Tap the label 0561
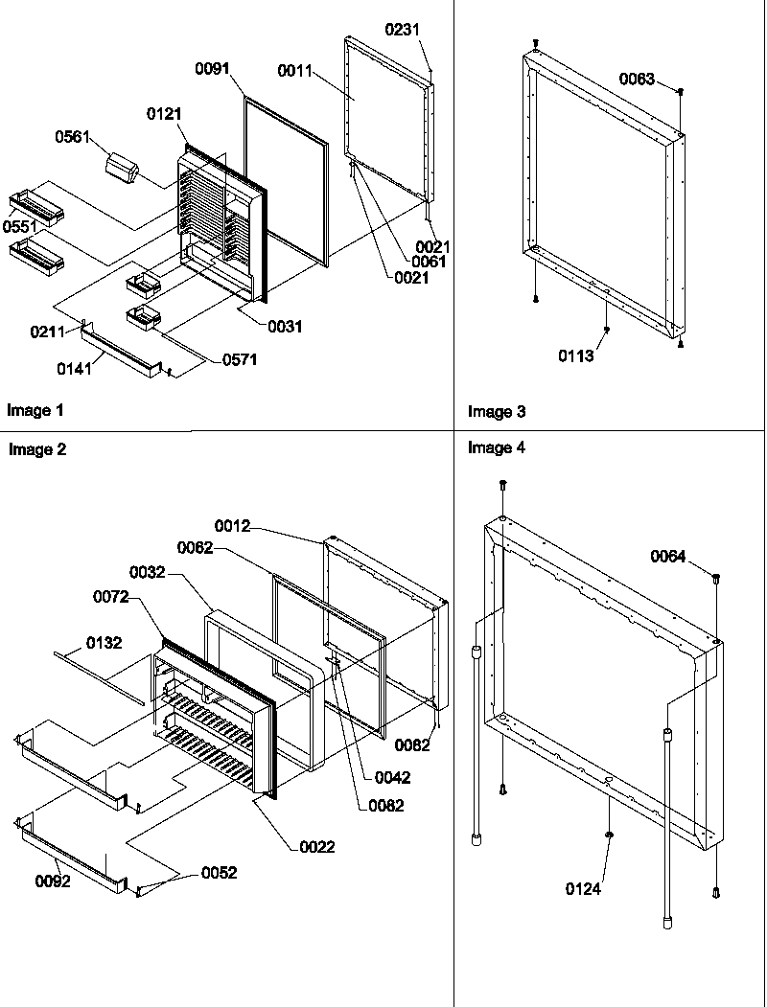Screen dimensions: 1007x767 pos(73,138)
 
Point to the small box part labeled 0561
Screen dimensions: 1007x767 pos(122,170)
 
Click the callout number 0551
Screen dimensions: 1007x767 pos(18,226)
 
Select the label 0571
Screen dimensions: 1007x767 pos(240,360)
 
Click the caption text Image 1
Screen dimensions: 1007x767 pos(35,411)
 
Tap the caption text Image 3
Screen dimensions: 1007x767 pos(497,412)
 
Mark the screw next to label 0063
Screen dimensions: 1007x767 pos(680,92)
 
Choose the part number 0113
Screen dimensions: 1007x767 pos(577,356)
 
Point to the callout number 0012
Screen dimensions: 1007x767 pos(232,526)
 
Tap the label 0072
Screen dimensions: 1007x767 pos(111,596)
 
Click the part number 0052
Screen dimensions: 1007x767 pos(220,873)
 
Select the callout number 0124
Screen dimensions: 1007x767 pos(583,889)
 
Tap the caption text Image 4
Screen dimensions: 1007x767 pos(497,447)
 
